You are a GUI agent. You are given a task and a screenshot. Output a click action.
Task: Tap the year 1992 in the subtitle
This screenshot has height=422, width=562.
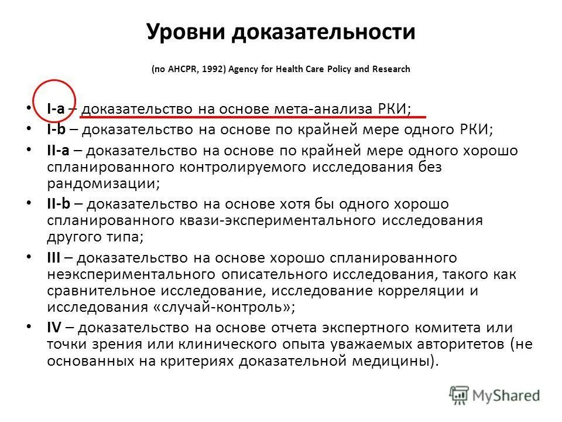coord(210,69)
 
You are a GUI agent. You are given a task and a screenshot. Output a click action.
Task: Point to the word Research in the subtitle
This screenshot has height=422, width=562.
coord(390,69)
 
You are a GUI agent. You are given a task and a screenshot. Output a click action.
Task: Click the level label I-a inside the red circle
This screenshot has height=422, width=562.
coord(56,109)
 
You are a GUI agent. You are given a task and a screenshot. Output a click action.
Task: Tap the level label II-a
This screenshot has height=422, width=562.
coord(58,150)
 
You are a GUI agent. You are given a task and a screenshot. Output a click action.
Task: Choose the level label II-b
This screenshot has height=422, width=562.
coord(58,204)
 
